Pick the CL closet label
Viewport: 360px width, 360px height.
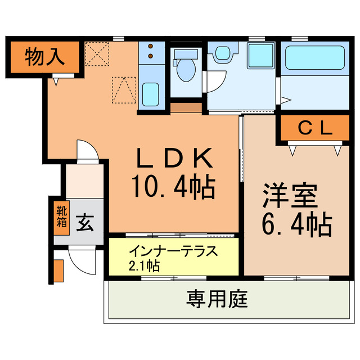(314, 129)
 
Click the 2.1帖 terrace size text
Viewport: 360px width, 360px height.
(144, 264)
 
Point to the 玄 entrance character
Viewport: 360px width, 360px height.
(85, 222)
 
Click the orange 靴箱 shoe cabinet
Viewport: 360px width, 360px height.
(61, 216)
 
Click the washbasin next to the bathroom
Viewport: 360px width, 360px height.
(221, 53)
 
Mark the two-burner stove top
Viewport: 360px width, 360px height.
(150, 52)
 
